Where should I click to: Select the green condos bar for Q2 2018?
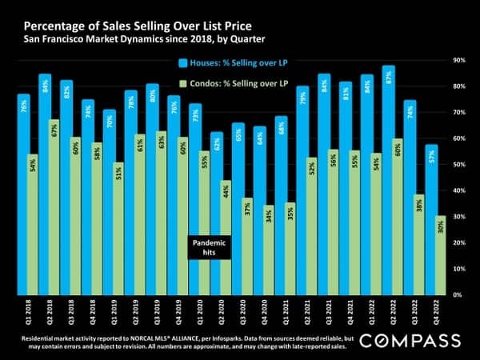(x=54, y=208)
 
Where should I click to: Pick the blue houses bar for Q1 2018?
(x=24, y=192)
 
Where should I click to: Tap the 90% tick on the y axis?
(x=459, y=60)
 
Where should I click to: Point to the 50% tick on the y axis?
(x=459, y=165)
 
